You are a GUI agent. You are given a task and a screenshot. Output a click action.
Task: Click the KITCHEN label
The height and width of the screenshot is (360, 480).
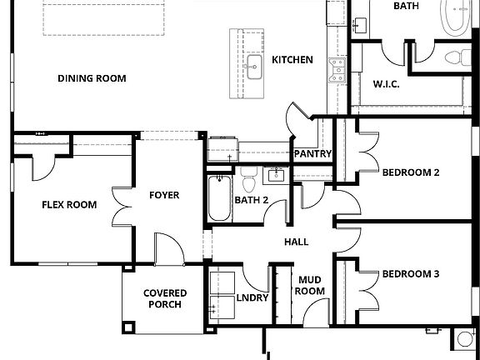(292, 60)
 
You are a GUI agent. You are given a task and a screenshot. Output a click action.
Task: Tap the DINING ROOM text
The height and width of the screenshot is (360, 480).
(92, 79)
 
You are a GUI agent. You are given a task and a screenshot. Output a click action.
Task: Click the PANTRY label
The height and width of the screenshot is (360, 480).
(313, 154)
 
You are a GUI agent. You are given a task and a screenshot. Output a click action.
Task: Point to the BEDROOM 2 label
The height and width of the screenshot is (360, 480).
(411, 173)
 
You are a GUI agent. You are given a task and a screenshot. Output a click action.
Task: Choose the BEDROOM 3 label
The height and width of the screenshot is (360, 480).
(411, 273)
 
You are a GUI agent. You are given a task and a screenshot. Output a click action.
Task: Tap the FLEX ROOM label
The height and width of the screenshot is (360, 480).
(69, 205)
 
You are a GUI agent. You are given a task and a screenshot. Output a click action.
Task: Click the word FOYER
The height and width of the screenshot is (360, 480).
(164, 196)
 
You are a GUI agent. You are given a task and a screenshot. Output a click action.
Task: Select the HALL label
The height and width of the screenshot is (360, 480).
(296, 242)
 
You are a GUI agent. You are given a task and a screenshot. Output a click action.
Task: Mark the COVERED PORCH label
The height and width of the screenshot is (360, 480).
(164, 299)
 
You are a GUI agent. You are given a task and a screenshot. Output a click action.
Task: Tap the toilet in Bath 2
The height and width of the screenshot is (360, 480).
(248, 181)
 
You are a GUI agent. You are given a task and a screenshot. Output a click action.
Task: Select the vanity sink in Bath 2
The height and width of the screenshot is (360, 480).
(274, 175)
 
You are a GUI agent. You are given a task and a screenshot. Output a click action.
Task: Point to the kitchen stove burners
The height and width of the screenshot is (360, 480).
(337, 70)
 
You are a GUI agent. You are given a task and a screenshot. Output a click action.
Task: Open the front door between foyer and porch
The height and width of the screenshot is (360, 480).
(167, 247)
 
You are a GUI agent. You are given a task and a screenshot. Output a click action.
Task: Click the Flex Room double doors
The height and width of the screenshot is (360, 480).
(122, 204)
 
